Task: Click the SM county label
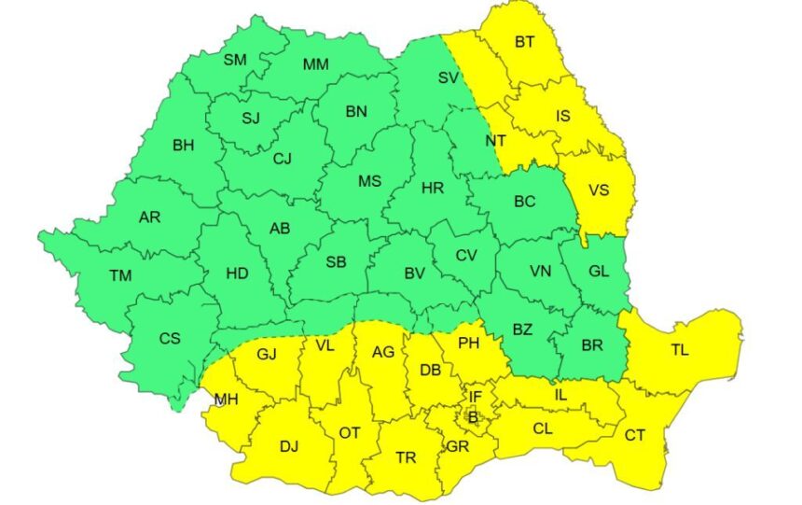coord(235,60)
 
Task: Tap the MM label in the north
coord(316,64)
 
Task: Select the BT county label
coord(525,42)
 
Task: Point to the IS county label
coord(562,117)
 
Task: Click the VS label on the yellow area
coord(599,189)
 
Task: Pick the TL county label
coord(679,350)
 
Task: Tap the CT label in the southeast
coord(635,434)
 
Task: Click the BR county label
coord(591,344)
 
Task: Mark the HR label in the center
coord(432,189)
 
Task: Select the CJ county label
coord(283,159)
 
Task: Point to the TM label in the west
coord(120,275)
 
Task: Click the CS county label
coord(169,338)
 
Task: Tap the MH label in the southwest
coord(225,400)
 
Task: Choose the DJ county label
coord(289,446)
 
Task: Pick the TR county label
coord(406,457)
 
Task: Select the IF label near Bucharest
coord(476,398)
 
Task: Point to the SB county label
coord(336,262)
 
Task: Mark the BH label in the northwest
coord(184,145)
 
